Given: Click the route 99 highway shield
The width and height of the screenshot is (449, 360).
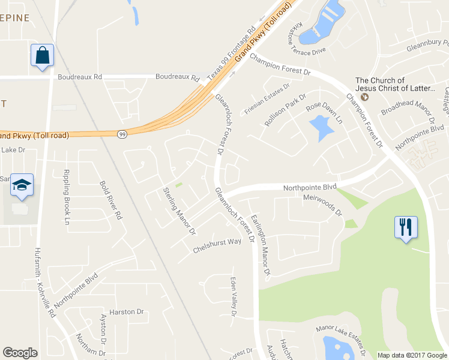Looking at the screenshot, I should coord(122,134).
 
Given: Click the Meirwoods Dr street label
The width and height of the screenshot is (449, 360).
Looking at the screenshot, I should coord(322,205).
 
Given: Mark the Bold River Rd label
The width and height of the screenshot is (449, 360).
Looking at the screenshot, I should coord(110,200).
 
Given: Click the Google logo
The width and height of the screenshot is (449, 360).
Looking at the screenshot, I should coord(20,353).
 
